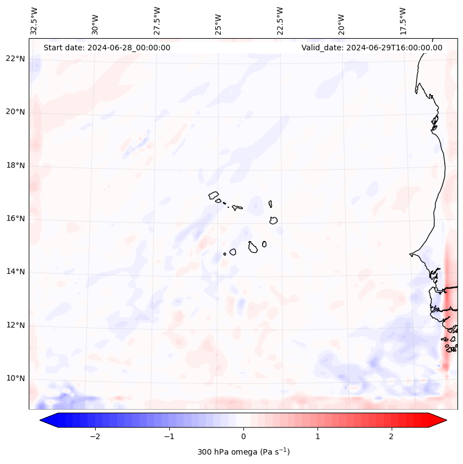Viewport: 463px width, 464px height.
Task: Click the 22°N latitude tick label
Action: pos(15,59)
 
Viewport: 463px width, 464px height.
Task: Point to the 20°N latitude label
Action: pos(15,112)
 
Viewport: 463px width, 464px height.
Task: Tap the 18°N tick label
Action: pos(15,165)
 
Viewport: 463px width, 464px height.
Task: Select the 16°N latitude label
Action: pos(15,218)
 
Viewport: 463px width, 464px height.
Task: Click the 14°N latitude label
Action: pos(15,272)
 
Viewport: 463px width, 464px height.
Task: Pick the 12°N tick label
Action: pos(15,325)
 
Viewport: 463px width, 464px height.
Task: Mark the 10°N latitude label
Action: pos(15,378)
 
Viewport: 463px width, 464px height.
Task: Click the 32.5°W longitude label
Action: pos(34,20)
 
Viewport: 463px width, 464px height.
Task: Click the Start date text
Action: pos(107,48)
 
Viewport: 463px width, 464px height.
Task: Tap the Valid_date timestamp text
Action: pos(372,48)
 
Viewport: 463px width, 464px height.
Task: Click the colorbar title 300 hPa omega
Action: pos(243,452)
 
